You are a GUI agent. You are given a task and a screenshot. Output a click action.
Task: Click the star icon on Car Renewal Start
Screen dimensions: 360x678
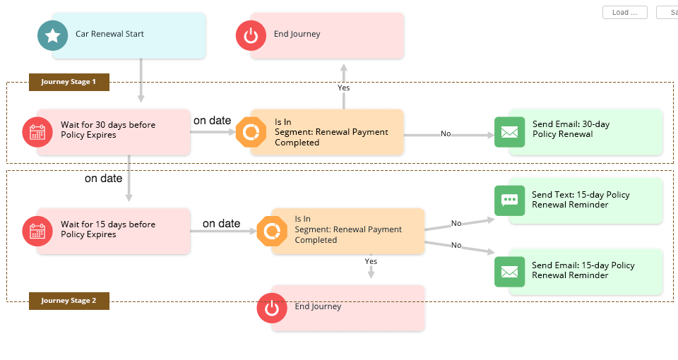pos(52,35)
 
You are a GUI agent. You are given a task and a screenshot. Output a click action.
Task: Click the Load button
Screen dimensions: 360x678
pos(624,13)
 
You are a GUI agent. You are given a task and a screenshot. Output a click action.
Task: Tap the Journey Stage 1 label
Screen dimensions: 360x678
pos(69,82)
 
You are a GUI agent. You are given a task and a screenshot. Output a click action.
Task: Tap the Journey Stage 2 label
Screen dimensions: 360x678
pos(69,301)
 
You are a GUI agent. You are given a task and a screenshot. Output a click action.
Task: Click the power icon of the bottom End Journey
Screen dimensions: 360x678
pos(272,308)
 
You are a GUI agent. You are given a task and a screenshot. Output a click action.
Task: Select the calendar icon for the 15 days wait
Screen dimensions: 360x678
pos(37,230)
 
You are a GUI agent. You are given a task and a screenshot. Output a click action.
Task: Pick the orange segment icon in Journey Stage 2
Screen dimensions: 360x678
pos(271,230)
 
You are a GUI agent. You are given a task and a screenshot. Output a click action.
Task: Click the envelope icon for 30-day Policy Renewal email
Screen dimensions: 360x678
pos(509,132)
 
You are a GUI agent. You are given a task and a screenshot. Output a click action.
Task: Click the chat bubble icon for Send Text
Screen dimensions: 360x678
pos(509,200)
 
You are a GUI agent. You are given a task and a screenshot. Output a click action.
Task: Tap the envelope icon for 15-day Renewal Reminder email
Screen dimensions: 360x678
pos(509,272)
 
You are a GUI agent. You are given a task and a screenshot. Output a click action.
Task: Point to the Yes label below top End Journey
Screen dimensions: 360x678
pos(344,88)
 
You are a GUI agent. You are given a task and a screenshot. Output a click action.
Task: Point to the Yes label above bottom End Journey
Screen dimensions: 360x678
pos(371,261)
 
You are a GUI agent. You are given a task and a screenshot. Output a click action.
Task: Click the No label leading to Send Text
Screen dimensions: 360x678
pos(456,223)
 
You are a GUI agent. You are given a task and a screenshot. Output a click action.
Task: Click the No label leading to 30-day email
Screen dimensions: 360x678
pos(446,133)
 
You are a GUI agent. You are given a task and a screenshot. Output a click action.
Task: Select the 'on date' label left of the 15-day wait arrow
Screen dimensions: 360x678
pos(104,179)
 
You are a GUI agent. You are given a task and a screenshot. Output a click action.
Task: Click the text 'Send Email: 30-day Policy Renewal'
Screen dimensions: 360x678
pos(571,129)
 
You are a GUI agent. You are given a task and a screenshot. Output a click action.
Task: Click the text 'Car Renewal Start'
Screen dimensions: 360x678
pos(109,34)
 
